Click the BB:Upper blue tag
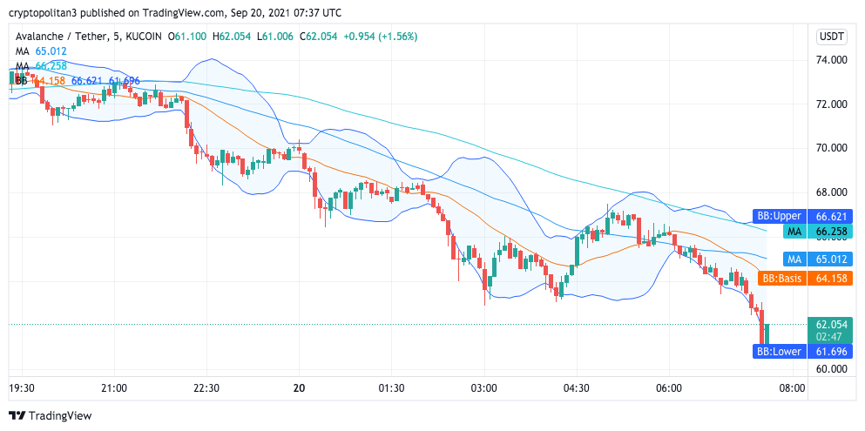(778, 216)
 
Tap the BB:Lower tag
(778, 352)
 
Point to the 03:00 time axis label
(484, 387)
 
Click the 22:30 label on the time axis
(206, 387)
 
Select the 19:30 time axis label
(22, 387)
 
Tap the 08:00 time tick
(791, 387)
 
